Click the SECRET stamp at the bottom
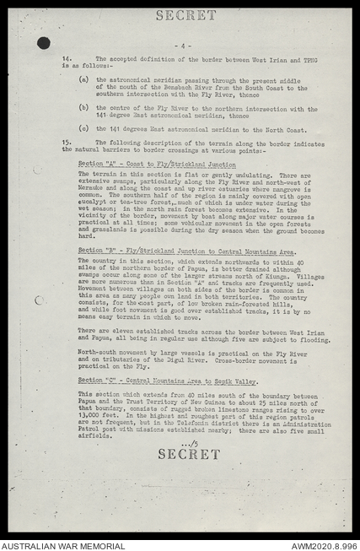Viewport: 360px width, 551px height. point(189,454)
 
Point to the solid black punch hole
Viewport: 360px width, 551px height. point(43,43)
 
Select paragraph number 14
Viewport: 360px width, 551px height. point(67,58)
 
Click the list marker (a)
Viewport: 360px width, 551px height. point(83,78)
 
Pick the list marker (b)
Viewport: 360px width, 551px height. point(83,108)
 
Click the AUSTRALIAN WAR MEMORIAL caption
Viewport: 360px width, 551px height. point(63,545)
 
